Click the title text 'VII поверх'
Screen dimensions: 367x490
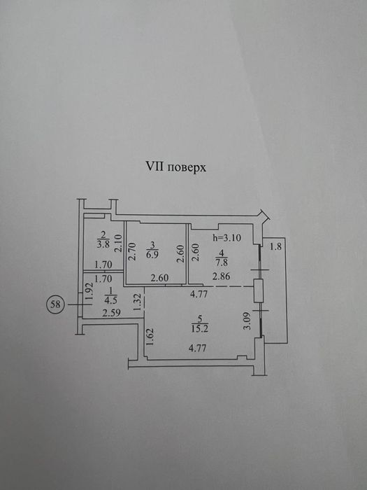(x=176, y=167)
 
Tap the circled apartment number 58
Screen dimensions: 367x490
(x=55, y=304)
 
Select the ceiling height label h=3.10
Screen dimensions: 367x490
(x=227, y=238)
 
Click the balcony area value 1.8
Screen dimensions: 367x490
(x=275, y=246)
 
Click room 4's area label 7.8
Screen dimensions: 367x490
(x=222, y=262)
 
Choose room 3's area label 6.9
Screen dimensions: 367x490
(x=152, y=254)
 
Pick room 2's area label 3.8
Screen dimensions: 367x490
(x=103, y=244)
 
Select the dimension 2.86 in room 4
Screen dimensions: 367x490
(x=222, y=276)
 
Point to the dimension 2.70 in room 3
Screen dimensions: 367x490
(x=132, y=251)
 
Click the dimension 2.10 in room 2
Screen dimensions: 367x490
(x=117, y=243)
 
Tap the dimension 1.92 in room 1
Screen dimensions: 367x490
(x=89, y=292)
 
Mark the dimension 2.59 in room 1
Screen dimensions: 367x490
(x=112, y=313)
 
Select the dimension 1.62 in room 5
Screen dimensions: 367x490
(x=150, y=337)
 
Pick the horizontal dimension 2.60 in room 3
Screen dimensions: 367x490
(x=159, y=278)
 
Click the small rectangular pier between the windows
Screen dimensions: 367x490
(x=259, y=290)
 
